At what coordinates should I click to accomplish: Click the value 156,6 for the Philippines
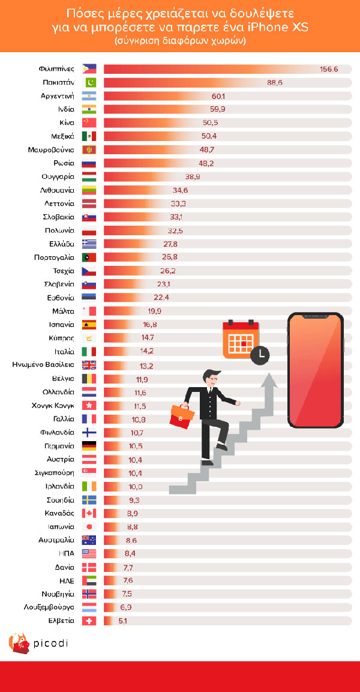(x=329, y=69)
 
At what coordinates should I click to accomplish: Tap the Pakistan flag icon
(x=89, y=83)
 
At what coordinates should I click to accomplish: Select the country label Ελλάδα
(x=62, y=244)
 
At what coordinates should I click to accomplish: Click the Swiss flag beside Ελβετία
(x=89, y=621)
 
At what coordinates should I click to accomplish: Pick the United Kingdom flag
(x=89, y=365)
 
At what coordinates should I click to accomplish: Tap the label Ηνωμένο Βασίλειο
(x=44, y=365)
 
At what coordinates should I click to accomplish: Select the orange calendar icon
(x=241, y=339)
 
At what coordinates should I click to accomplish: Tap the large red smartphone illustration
(x=316, y=370)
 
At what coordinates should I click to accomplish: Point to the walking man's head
(x=211, y=379)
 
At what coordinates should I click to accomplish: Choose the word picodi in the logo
(x=51, y=643)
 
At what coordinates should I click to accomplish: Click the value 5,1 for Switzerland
(x=123, y=621)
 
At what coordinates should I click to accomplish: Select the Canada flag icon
(x=89, y=513)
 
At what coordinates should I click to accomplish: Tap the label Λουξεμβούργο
(x=49, y=607)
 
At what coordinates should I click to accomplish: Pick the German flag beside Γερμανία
(x=89, y=446)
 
